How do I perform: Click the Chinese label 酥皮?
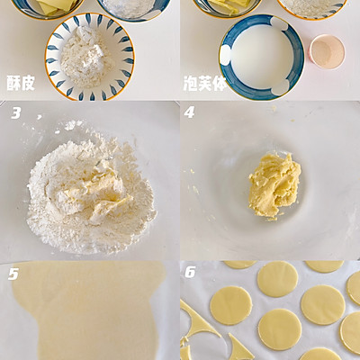pos(21,83)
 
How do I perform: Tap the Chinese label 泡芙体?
pos(204,83)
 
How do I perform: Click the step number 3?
pos(16,113)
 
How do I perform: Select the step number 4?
pos(189,112)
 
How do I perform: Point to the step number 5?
pos(13,274)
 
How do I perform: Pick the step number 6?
pos(190,272)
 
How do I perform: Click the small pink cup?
pos(328,52)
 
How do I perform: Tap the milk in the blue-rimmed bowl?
pos(262,58)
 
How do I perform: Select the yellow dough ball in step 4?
pos(274,185)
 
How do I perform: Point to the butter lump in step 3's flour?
pos(96,191)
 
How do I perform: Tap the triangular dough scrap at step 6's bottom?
pos(240,348)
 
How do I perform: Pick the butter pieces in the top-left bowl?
pos(57,6)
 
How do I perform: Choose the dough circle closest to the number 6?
pos(231,305)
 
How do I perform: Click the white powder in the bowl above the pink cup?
pos(312,6)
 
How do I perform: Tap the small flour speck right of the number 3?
pos(40,117)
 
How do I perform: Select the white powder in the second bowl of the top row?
pos(132,7)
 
